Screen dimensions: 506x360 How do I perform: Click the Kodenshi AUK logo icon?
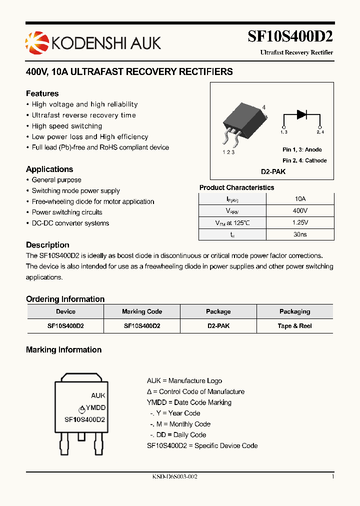pos(35,41)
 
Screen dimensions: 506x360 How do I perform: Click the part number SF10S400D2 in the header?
pos(290,37)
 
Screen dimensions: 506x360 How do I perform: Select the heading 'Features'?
pos(42,93)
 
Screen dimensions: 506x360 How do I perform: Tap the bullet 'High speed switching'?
pos(66,126)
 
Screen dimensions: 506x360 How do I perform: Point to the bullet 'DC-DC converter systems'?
pos(70,223)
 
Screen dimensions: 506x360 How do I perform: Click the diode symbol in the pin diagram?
pos(301,114)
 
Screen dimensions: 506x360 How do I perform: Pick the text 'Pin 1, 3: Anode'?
pos(302,149)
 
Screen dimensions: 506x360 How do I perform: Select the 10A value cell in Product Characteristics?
pos(300,198)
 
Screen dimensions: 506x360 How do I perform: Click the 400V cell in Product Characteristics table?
pos(300,210)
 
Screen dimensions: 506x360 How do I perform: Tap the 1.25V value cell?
pos(300,222)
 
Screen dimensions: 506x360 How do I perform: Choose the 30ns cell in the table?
pos(300,234)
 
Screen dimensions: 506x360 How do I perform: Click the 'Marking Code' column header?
pos(142,311)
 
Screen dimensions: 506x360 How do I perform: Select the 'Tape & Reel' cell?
pos(294,325)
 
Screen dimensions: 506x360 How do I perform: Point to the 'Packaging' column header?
pos(294,311)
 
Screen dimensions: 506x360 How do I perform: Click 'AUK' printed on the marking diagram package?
pos(98,395)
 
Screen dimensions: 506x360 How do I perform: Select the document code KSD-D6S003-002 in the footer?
pos(175,477)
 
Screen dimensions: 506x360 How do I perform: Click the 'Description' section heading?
pos(47,245)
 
